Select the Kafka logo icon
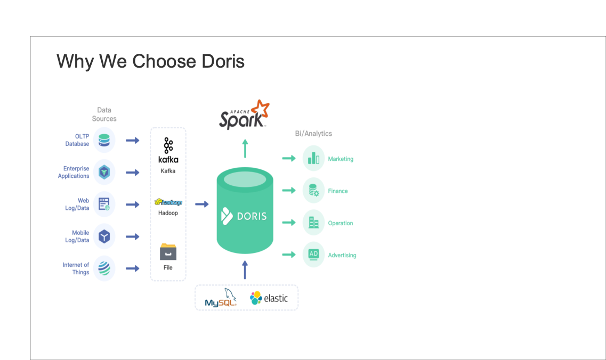[x=168, y=146]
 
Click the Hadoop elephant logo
[x=168, y=202]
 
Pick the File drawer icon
[x=168, y=251]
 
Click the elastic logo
[x=269, y=298]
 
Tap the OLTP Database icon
[x=104, y=141]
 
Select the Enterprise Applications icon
[x=104, y=172]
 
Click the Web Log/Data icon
[x=104, y=204]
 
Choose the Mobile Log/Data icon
[x=104, y=236]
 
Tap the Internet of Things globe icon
[x=104, y=268]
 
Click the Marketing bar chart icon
[x=313, y=159]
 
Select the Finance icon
[x=313, y=191]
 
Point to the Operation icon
[x=313, y=223]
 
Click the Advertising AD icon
[x=313, y=255]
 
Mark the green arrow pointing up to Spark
[x=245, y=149]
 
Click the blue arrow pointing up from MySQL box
[x=245, y=270]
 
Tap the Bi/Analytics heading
[x=313, y=134]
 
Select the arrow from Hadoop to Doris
[x=202, y=204]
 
